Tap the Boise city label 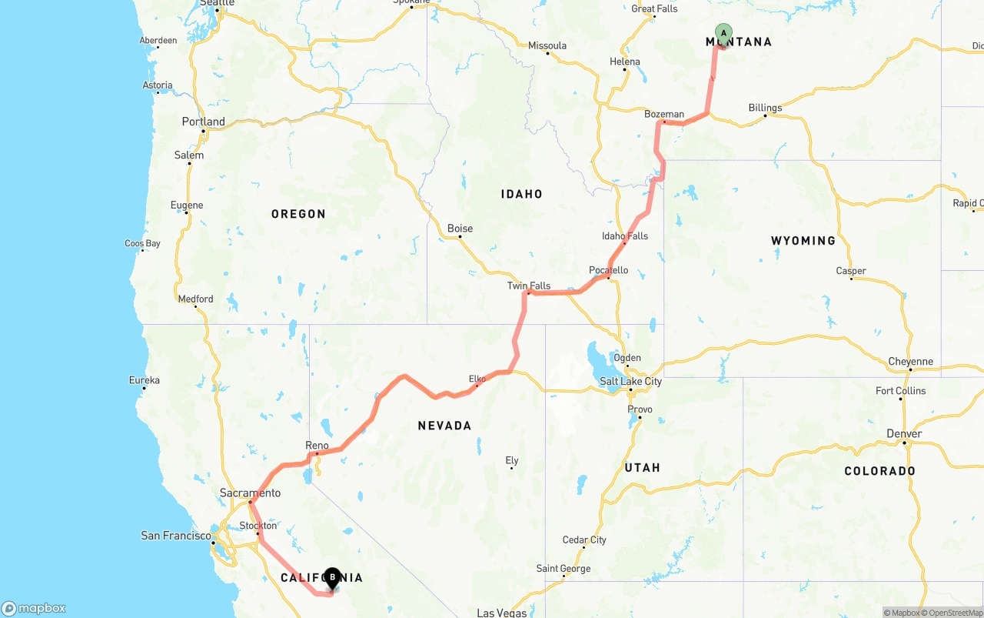[460, 229]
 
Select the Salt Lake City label [630, 382]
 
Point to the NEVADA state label [444, 426]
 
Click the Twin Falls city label [529, 286]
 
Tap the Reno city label [317, 446]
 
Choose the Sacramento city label [250, 493]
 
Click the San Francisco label [175, 536]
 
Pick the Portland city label [203, 122]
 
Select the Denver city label [904, 434]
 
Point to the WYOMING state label [803, 241]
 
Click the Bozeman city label [664, 115]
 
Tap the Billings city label [765, 108]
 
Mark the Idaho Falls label [625, 236]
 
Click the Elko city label [477, 379]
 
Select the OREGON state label [298, 214]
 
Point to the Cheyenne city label [910, 362]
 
